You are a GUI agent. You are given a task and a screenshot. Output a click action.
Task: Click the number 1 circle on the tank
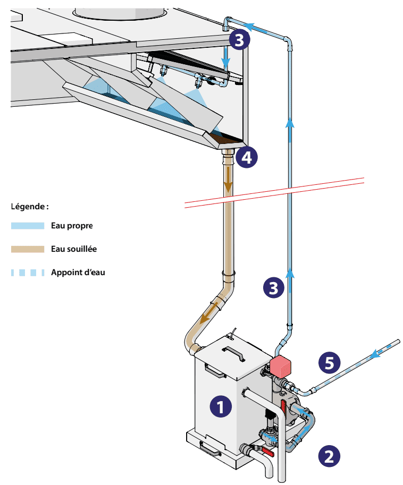(221, 407)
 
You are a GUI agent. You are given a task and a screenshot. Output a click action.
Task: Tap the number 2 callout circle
(329, 455)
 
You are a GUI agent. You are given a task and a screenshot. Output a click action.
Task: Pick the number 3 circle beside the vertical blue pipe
(274, 288)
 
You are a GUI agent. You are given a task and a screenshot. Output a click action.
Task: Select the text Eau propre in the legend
(72, 226)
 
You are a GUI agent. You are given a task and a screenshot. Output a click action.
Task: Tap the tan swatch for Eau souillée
(27, 249)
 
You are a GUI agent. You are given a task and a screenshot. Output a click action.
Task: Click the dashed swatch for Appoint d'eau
(27, 273)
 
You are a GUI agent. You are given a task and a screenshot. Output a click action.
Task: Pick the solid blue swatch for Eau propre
(27, 226)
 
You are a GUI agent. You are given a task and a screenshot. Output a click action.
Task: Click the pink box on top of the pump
(282, 366)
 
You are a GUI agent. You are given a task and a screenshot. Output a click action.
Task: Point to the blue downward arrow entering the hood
(225, 58)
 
